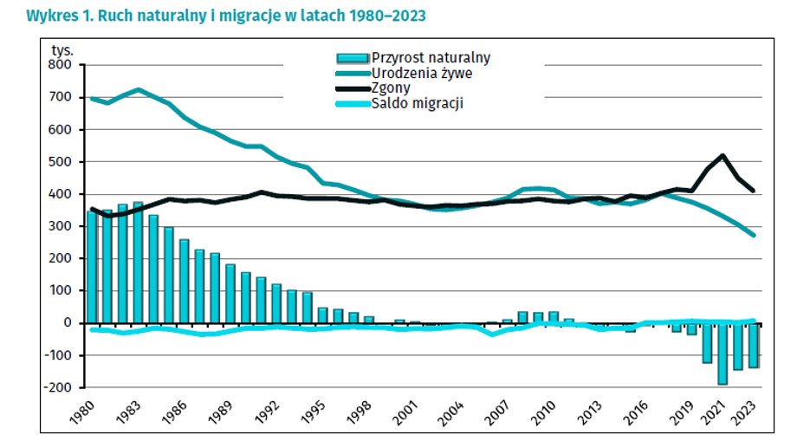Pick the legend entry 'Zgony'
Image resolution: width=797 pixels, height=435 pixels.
pos(392,88)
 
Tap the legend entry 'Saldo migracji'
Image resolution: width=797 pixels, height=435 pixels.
pos(411,105)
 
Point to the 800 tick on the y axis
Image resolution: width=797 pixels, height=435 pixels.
pos(62,65)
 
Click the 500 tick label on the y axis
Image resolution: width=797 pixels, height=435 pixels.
pos(62,162)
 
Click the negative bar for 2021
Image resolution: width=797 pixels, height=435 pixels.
pos(722,354)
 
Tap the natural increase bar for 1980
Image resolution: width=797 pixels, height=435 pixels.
pos(92,267)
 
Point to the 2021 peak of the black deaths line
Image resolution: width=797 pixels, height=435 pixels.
pos(722,156)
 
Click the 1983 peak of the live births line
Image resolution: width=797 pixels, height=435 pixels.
pos(139,89)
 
